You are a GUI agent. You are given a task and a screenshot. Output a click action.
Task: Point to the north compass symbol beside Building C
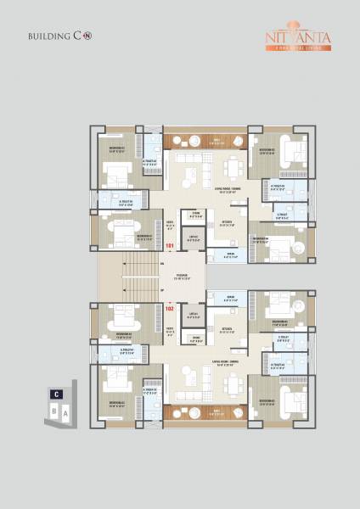[87, 37]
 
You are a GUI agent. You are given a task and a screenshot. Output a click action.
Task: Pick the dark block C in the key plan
[55, 394]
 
